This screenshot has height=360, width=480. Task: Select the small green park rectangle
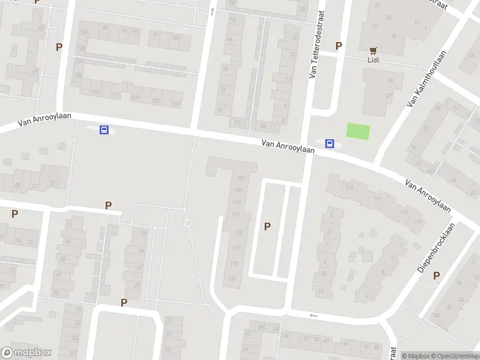pos(358,131)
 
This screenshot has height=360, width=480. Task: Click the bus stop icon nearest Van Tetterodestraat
pos(329,143)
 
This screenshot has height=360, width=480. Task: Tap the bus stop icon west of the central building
pos(104,130)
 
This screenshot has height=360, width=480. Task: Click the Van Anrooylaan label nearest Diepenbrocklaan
pos(427,196)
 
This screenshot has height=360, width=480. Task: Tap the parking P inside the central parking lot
pos(268,226)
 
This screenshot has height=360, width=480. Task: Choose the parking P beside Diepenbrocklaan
pos(436,275)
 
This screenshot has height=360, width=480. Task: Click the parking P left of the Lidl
pos(338,46)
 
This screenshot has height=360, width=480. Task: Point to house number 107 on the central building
pos(240,178)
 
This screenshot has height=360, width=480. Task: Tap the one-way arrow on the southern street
pos(313,315)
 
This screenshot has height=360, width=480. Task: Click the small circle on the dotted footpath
pos(187,223)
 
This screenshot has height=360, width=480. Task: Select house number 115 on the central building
pos(238,232)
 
